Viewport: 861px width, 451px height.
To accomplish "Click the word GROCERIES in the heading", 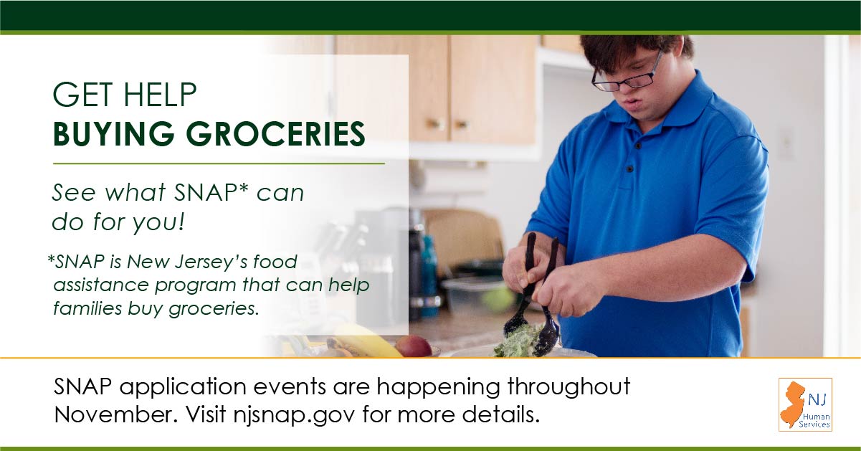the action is tap(275, 134).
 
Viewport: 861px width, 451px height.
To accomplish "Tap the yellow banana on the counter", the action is tap(365, 341).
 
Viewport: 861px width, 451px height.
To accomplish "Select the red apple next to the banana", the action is tap(414, 346).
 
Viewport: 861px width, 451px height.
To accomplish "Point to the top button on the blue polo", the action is tap(639, 146).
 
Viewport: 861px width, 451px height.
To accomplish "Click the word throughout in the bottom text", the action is tap(569, 387).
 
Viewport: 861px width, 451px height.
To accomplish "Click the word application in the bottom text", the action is tap(183, 387).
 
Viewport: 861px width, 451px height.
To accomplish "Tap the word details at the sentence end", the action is tap(501, 414).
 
